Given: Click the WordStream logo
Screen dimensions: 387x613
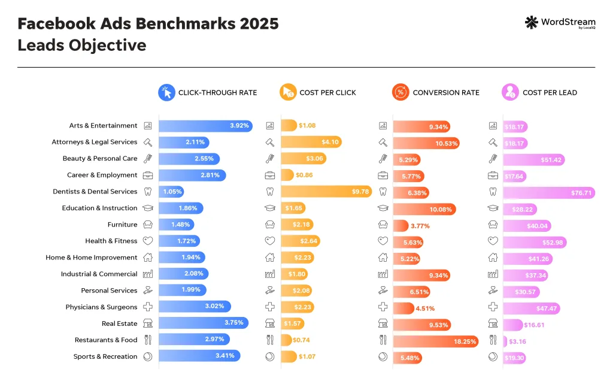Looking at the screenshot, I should click(559, 23).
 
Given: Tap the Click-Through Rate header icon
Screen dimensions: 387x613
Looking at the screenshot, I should click(166, 92).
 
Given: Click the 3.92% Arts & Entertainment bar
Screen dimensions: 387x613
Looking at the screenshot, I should click(205, 126).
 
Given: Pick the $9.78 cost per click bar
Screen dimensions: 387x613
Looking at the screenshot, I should click(326, 192).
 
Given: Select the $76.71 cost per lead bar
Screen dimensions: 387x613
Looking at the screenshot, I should click(549, 192).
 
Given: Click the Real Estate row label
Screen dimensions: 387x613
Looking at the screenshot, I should click(119, 323).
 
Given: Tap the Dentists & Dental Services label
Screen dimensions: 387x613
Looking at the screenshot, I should click(95, 192).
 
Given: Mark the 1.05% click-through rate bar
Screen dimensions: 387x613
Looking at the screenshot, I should click(171, 192).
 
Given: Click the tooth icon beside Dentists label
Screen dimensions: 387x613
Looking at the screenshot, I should click(148, 192).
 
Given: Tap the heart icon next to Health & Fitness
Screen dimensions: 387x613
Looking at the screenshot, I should click(148, 241).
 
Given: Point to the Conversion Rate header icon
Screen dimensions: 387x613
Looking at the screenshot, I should click(400, 92).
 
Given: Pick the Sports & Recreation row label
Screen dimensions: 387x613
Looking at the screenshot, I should click(105, 356).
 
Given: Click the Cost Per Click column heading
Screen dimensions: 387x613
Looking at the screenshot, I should click(327, 93).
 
